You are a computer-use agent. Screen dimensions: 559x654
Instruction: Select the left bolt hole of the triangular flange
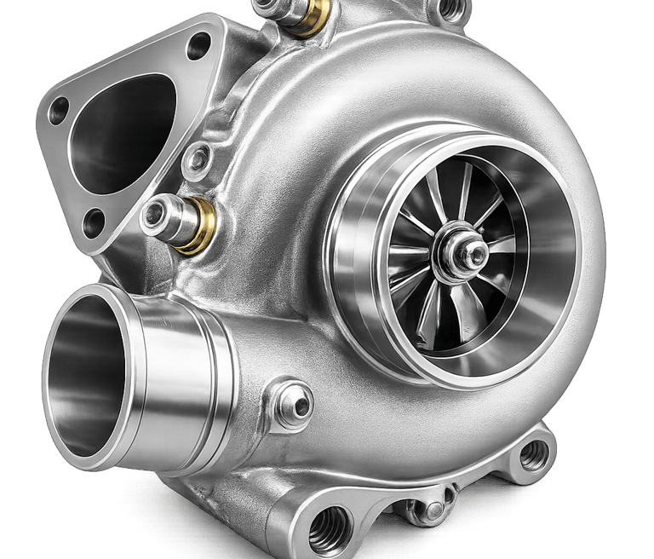(x=59, y=110)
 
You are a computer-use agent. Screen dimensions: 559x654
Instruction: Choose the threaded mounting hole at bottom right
(x=533, y=456)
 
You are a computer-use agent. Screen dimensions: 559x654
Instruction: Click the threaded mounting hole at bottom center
(x=330, y=529)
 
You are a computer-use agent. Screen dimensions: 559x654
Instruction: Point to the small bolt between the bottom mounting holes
(x=433, y=510)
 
